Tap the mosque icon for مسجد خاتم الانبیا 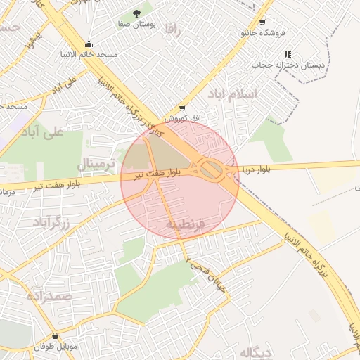coord(89,42)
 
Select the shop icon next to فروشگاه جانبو coord(262,22)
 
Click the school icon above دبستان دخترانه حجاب coord(287,54)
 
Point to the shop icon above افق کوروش coord(182,108)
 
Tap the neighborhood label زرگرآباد coord(52,224)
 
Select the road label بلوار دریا coord(256,169)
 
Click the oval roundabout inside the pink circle coord(210,168)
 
